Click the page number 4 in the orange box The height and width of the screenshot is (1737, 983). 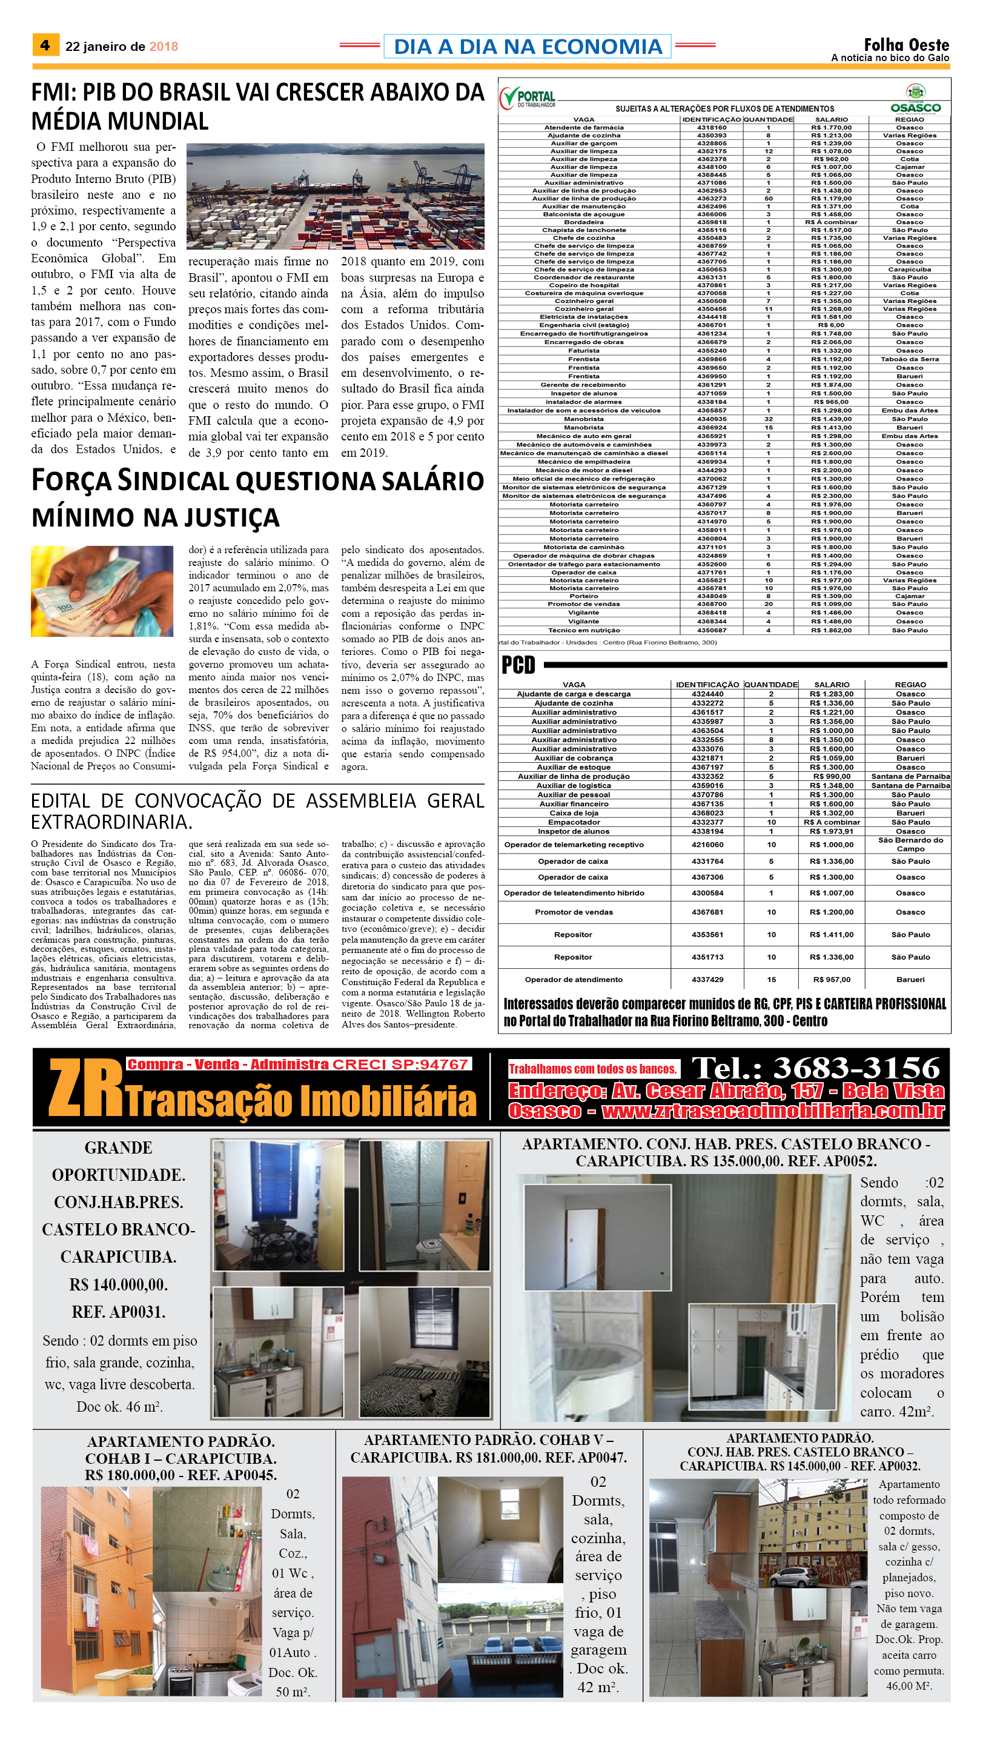[45, 45]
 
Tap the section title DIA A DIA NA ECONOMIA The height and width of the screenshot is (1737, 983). [528, 46]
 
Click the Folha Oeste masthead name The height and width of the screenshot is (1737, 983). [906, 45]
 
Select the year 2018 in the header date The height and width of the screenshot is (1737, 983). [164, 47]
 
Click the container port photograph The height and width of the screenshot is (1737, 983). [335, 196]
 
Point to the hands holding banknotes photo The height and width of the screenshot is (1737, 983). [102, 591]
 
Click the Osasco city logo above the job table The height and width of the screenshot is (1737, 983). [916, 99]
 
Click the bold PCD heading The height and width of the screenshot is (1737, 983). [518, 665]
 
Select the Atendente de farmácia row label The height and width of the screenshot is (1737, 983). [584, 128]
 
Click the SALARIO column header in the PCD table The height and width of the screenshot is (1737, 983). [831, 684]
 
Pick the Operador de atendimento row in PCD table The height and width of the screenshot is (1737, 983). [574, 979]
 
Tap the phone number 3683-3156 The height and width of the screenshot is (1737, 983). [856, 1068]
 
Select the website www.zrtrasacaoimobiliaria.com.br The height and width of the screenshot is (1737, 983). [773, 1111]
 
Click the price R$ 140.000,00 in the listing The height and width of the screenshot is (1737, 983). [118, 1284]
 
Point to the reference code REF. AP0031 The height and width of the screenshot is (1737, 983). [118, 1312]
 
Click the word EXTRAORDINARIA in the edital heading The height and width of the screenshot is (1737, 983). [111, 822]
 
